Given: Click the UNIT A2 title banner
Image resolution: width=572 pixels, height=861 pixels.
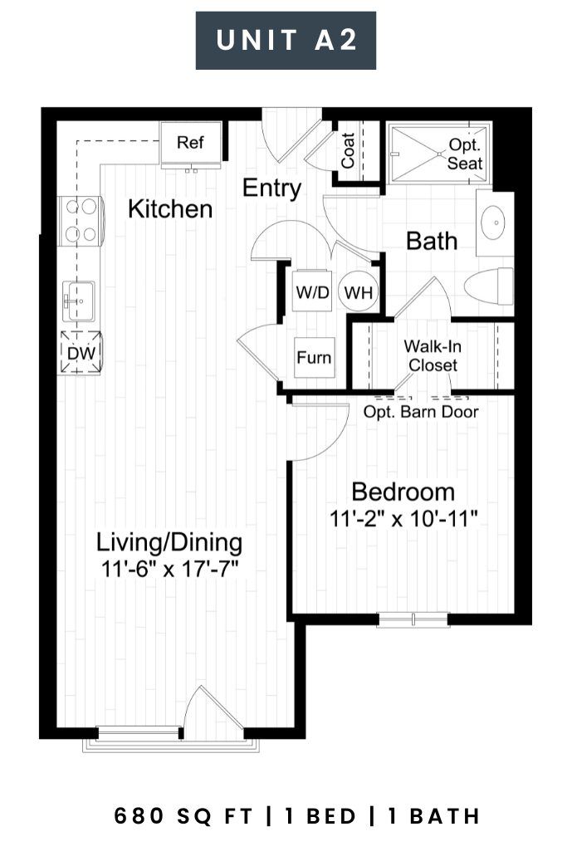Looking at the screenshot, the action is (x=286, y=41).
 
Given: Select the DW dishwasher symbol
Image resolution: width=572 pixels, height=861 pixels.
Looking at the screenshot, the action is (x=81, y=353).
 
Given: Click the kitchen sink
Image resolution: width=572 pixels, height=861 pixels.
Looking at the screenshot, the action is (x=79, y=301).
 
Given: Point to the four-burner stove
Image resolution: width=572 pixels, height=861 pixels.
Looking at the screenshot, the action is (x=81, y=221).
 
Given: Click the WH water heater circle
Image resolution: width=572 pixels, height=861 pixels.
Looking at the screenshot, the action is (x=359, y=291).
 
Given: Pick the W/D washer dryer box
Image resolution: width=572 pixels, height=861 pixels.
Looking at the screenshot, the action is (x=312, y=291).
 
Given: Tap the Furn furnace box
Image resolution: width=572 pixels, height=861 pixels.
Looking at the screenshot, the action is (x=314, y=358).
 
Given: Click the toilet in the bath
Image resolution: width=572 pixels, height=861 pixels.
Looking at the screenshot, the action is (x=488, y=286).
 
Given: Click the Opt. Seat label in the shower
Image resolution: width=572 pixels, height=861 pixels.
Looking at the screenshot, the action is (x=464, y=154).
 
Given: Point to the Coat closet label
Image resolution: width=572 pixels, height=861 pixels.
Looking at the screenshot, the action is (x=348, y=150).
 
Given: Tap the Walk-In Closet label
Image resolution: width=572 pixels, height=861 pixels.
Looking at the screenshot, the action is (x=433, y=356).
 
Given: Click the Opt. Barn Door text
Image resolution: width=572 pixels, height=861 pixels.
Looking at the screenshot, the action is (x=421, y=412).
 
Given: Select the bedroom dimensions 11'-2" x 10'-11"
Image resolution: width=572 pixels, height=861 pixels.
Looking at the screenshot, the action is (x=403, y=518).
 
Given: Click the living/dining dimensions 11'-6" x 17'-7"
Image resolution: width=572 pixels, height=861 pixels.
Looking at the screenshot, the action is (x=169, y=569).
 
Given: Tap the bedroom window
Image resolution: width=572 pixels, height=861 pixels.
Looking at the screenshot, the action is (x=413, y=619).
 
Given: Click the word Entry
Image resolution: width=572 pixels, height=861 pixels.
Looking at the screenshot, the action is (x=271, y=188).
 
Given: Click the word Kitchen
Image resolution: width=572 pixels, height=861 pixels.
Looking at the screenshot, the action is (x=170, y=209).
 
